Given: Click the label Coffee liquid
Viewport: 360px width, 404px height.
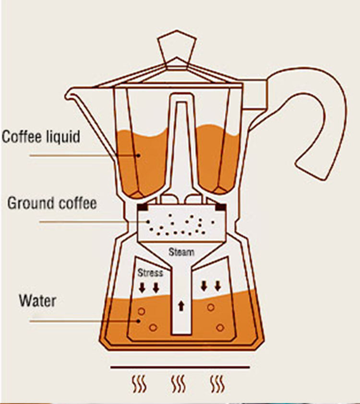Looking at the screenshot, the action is pyautogui.click(x=41, y=136).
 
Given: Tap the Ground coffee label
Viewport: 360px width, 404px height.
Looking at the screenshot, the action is pyautogui.click(x=52, y=203).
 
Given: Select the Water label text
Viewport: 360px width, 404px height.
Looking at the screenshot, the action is pyautogui.click(x=37, y=301).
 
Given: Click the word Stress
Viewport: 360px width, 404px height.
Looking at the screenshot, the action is pyautogui.click(x=150, y=273).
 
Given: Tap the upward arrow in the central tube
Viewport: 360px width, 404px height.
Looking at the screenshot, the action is pyautogui.click(x=181, y=306).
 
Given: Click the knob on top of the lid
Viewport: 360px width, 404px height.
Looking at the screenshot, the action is pyautogui.click(x=178, y=48).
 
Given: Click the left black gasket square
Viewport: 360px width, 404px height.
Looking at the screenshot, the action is pyautogui.click(x=142, y=207).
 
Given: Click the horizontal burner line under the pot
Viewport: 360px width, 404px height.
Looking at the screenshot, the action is pyautogui.click(x=180, y=367).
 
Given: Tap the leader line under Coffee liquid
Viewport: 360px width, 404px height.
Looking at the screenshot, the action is pyautogui.click(x=72, y=156).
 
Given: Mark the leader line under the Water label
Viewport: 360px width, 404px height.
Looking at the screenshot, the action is pyautogui.click(x=72, y=321).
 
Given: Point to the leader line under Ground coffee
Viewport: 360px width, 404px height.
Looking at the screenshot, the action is pyautogui.click(x=86, y=222).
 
